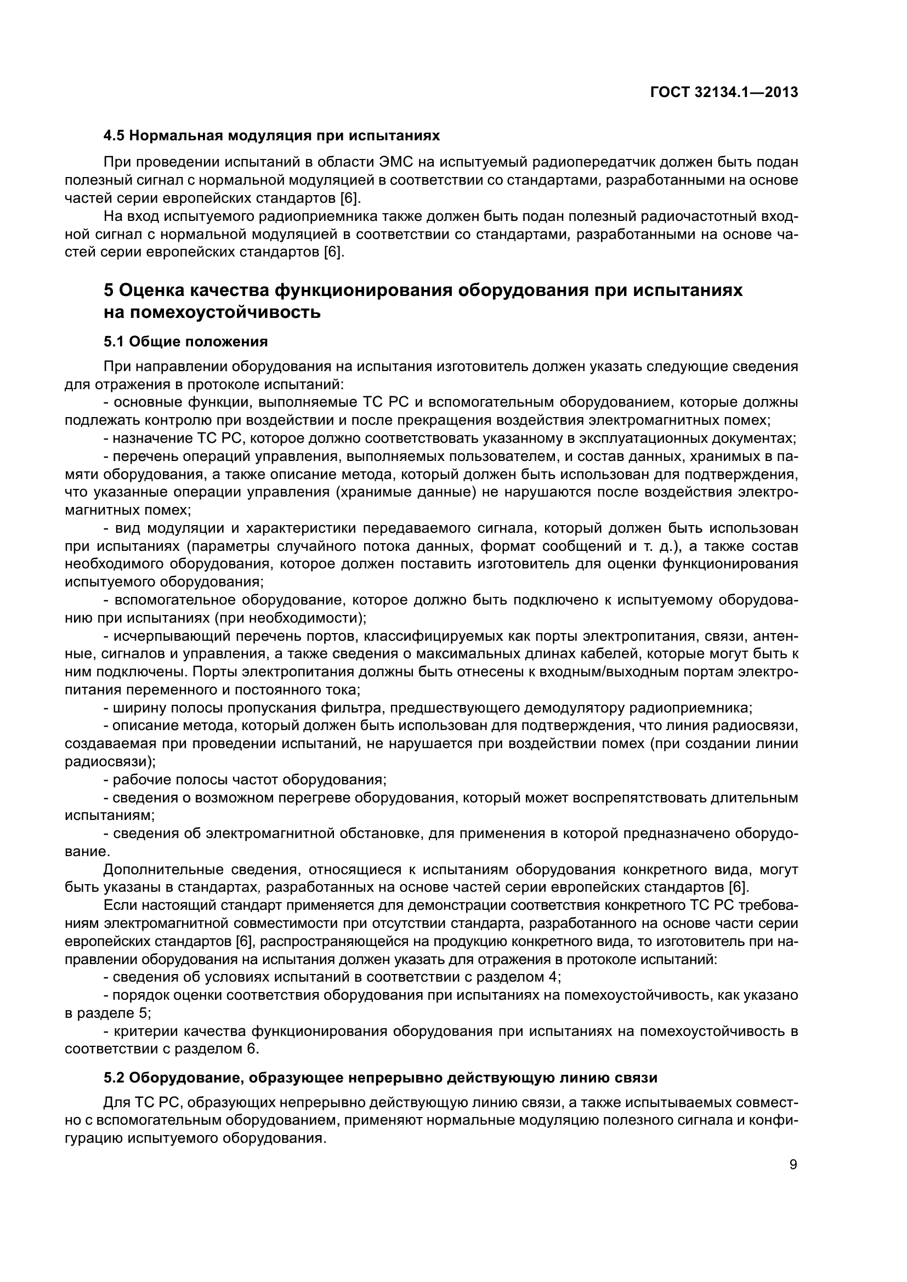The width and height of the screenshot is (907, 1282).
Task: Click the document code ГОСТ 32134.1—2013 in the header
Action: click(x=724, y=92)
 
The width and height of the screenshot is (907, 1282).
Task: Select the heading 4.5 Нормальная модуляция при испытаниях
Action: click(x=272, y=136)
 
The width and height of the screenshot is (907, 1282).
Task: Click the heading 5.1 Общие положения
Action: click(x=185, y=341)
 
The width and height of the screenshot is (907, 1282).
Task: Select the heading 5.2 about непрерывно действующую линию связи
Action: click(x=381, y=1078)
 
